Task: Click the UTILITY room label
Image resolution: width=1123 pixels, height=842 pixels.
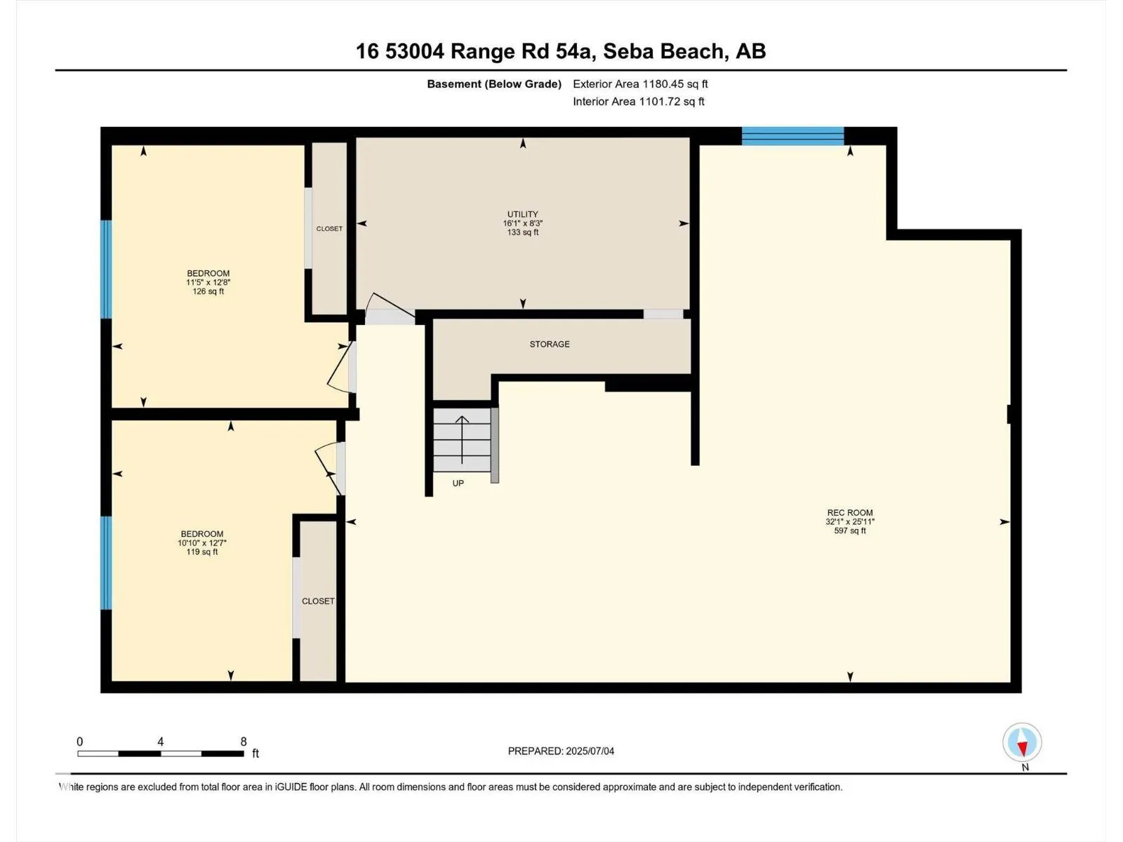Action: tap(522, 214)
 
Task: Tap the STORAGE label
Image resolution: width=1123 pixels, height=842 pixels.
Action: tap(550, 344)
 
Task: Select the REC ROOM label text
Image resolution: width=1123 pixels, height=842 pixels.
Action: tap(850, 513)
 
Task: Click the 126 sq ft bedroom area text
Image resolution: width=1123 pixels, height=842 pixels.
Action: tap(208, 291)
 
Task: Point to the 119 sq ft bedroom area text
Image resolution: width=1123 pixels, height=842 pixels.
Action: tap(202, 552)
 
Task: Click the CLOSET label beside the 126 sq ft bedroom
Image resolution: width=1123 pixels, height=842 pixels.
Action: tap(329, 229)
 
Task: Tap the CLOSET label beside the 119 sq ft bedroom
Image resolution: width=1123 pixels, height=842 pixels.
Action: tap(318, 601)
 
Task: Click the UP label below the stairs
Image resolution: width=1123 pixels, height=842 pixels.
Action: tap(458, 483)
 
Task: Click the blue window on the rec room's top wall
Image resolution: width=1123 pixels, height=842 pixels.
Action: tap(792, 136)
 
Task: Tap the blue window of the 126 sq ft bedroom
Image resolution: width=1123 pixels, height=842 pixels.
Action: tap(106, 269)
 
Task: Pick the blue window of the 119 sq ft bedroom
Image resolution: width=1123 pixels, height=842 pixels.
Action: tap(106, 563)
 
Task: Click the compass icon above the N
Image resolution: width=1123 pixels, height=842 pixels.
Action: tap(1022, 742)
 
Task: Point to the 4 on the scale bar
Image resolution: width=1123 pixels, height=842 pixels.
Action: tap(161, 741)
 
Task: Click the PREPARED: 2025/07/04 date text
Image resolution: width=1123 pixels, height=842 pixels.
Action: tap(561, 751)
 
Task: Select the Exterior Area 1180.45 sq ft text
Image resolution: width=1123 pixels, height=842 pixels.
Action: tap(640, 83)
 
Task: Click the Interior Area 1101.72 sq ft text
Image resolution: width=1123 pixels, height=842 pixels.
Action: tap(639, 101)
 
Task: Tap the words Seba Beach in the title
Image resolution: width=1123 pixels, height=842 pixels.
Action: tap(663, 51)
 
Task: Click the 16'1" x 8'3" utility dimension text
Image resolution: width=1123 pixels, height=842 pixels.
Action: tap(522, 223)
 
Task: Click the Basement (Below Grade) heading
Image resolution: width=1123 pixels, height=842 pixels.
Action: tap(494, 83)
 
